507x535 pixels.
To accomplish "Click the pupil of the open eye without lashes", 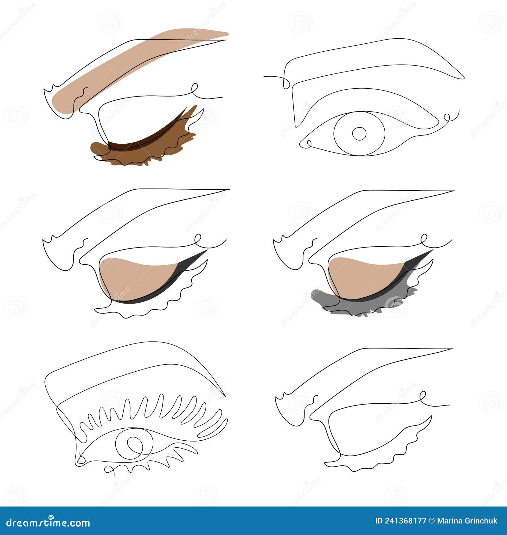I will click(359, 134).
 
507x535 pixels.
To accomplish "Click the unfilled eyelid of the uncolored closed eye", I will click(374, 431).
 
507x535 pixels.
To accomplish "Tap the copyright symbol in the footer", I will click(432, 521).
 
